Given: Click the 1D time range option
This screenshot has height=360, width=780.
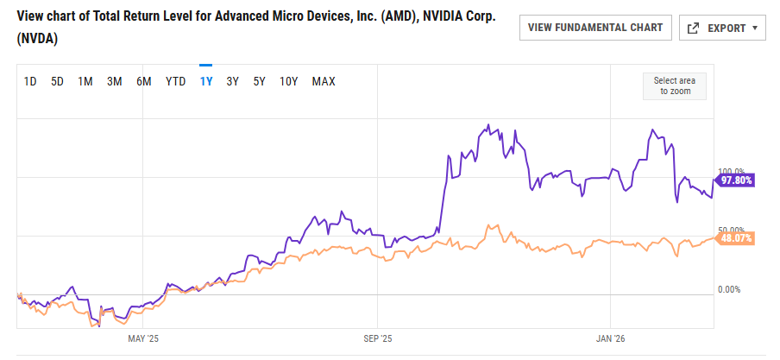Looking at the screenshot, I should (30, 82).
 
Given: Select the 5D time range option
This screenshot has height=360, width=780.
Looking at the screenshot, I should (58, 82).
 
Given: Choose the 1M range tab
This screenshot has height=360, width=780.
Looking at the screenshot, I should (85, 82).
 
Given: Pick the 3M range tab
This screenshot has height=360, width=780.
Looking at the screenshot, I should (114, 82).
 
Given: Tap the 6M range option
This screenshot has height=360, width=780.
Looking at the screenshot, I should (144, 82).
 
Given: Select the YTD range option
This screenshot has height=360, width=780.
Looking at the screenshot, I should (176, 82).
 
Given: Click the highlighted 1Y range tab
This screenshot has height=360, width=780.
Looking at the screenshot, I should (206, 82).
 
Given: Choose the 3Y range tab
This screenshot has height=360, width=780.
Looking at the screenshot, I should (233, 82).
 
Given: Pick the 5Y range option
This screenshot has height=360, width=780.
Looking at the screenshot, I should (260, 82).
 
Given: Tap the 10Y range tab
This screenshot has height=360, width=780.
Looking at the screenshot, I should (289, 82).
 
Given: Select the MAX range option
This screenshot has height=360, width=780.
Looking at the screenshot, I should (324, 82).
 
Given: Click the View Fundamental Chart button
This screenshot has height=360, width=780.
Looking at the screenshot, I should (595, 28).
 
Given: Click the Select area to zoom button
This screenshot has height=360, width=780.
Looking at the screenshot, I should (675, 85).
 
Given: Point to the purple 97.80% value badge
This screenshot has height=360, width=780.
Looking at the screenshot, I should (737, 180).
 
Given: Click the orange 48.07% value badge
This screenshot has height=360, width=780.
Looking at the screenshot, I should (737, 238).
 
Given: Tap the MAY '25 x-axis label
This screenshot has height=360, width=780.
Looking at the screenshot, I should (143, 338).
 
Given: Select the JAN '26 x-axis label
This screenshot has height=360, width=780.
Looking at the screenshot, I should (610, 338).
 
